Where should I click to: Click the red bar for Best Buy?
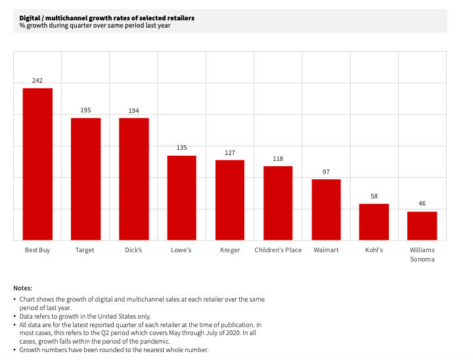[x=37, y=164]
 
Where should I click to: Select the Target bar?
[x=85, y=179]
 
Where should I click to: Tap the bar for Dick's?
[x=133, y=179]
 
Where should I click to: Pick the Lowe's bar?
[x=181, y=198]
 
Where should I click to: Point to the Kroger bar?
[x=230, y=200]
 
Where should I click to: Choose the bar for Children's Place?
[x=278, y=203]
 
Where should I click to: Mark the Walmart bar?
[x=326, y=210]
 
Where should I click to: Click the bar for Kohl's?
[x=374, y=222]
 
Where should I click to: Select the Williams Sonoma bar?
[x=422, y=225]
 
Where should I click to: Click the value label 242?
[x=37, y=81]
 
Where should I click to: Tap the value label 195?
[x=85, y=110]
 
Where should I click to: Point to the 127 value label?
[x=230, y=152]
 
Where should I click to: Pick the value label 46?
[x=422, y=204]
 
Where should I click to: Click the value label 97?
[x=326, y=171]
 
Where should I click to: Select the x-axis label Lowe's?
[x=181, y=250]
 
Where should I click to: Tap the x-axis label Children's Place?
[x=278, y=250]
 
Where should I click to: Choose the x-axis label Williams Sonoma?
[x=422, y=254]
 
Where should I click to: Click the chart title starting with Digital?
[x=106, y=17]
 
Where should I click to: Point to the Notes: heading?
[x=22, y=288]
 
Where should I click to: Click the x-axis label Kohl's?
[x=374, y=250]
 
